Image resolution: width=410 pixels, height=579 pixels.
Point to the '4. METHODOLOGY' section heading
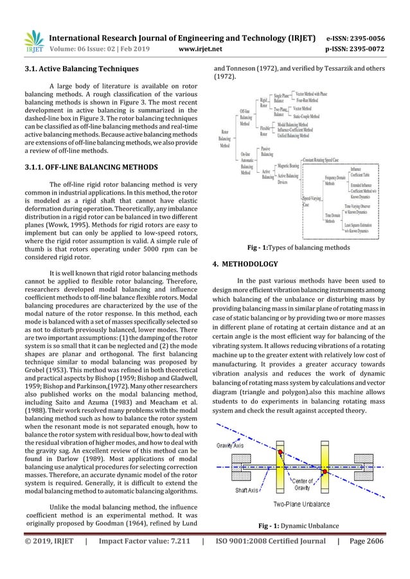245,264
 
